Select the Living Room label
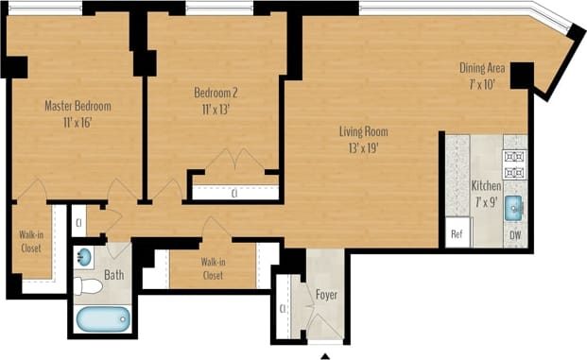pyautogui.click(x=364, y=131)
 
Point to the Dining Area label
pyautogui.click(x=481, y=68)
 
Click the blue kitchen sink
pyautogui.click(x=515, y=207)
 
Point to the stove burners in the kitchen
pyautogui.click(x=515, y=163)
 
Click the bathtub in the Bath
pyautogui.click(x=100, y=318)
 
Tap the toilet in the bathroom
pyautogui.click(x=90, y=285)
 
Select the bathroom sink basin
pyautogui.click(x=85, y=257)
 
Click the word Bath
pyautogui.click(x=113, y=276)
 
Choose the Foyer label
pyautogui.click(x=327, y=295)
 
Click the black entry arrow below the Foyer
pyautogui.click(x=327, y=355)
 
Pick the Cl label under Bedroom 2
pyautogui.click(x=234, y=193)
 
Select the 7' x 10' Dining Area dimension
pyautogui.click(x=481, y=83)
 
